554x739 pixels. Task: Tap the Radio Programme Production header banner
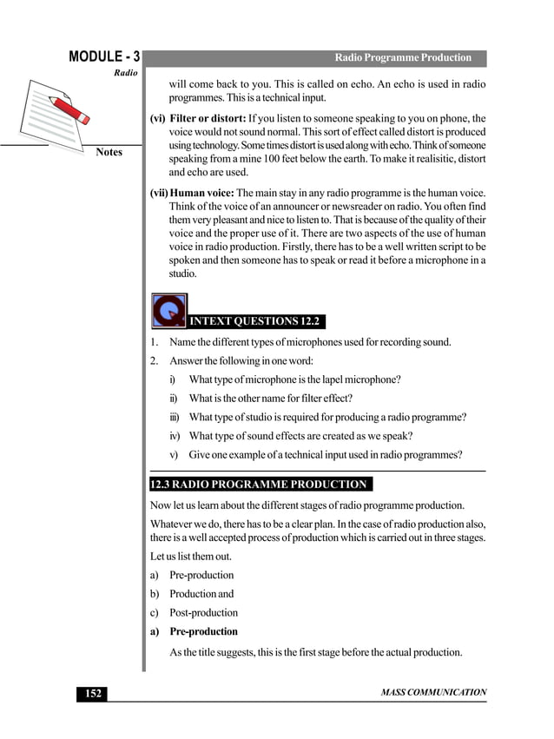click(402, 58)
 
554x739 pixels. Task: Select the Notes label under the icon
click(109, 153)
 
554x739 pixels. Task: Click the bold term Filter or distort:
click(208, 118)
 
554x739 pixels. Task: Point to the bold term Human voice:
click(202, 192)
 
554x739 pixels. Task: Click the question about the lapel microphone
click(294, 379)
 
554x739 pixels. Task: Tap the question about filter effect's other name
click(270, 399)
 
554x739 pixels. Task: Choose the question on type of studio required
click(326, 417)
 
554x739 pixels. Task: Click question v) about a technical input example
click(325, 455)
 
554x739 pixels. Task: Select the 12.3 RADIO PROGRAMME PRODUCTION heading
click(259, 485)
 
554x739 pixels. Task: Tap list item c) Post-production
click(203, 613)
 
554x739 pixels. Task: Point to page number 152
click(93, 693)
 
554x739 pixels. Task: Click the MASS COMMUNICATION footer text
click(433, 693)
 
